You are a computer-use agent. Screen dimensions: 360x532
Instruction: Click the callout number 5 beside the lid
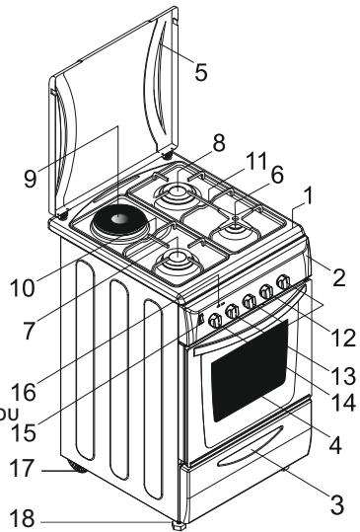coord(201,72)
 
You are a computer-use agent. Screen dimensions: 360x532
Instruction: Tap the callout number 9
coord(31,179)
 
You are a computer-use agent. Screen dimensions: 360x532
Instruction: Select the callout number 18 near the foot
coord(22,519)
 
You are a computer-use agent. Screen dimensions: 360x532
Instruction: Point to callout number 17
coord(22,468)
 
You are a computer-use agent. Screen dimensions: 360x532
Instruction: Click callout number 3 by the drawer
coord(337,504)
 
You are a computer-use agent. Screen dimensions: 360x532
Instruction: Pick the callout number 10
coord(23,288)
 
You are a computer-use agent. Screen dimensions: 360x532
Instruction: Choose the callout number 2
coord(338,277)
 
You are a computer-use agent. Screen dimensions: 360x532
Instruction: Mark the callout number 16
coord(24,392)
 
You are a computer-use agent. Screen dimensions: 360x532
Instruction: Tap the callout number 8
coord(219,142)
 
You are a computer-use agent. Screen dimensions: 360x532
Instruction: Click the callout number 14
coord(343,403)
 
